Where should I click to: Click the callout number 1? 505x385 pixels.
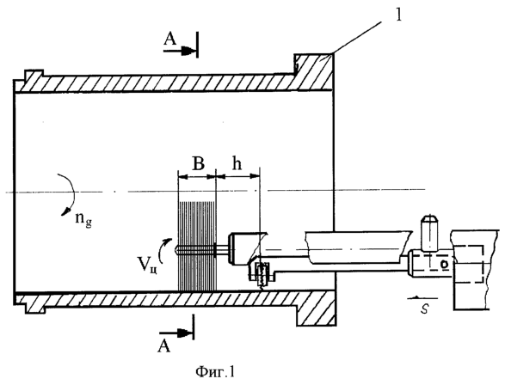[x=398, y=15]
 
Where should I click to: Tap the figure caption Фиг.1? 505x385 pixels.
[x=215, y=372]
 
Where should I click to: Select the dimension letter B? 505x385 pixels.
[x=198, y=164]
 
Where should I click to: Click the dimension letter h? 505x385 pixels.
[x=237, y=163]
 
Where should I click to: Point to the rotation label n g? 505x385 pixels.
[x=83, y=220]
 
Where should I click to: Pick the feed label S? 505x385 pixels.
[x=424, y=309]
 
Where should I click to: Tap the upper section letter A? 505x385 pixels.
[x=170, y=40]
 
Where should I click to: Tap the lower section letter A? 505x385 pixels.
[x=163, y=346]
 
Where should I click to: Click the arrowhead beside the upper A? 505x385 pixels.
[x=188, y=51]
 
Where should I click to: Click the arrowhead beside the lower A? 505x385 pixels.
[x=185, y=333]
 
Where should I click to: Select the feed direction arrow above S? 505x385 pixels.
[x=422, y=298]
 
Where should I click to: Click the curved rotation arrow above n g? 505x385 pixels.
[x=67, y=194]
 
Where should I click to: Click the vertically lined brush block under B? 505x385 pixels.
[x=197, y=246]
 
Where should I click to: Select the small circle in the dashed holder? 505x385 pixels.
[x=445, y=264]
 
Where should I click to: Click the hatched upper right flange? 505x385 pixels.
[x=313, y=71]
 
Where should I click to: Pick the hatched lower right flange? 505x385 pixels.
[x=315, y=309]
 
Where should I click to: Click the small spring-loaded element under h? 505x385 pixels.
[x=262, y=274]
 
